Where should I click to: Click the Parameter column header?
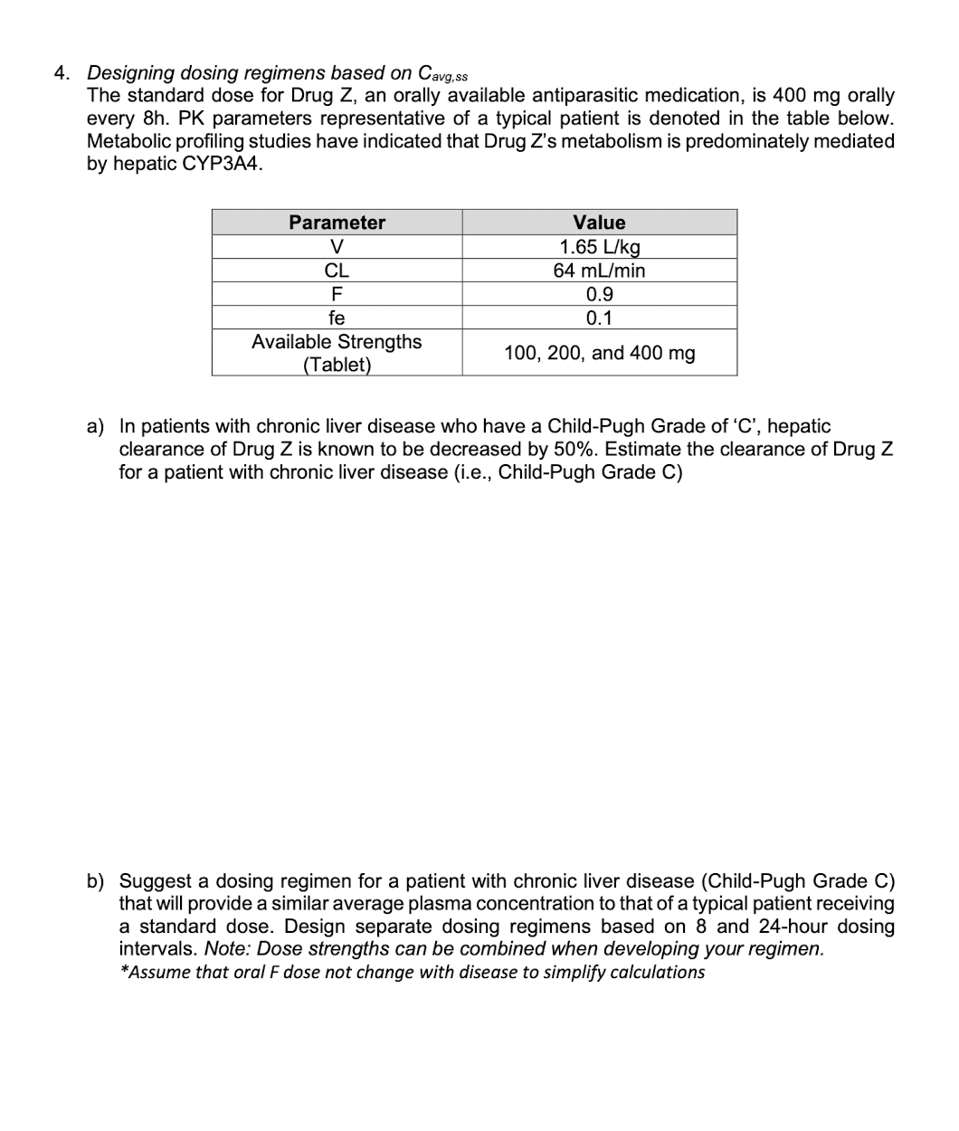click(x=337, y=223)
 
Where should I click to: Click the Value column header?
click(x=599, y=223)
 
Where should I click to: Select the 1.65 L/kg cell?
click(x=599, y=247)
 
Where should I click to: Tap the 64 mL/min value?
click(x=599, y=271)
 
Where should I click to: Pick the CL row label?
click(x=337, y=271)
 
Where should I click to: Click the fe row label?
click(x=337, y=318)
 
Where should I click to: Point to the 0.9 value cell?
click(x=599, y=294)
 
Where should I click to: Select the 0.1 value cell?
click(x=599, y=318)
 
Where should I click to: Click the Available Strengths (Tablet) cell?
click(x=337, y=353)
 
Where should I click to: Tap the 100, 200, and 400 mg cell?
click(x=599, y=353)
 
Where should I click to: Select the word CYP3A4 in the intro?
click(x=225, y=165)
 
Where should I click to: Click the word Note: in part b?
click(x=228, y=949)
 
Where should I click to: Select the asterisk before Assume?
click(x=124, y=971)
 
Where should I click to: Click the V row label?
click(x=337, y=247)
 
